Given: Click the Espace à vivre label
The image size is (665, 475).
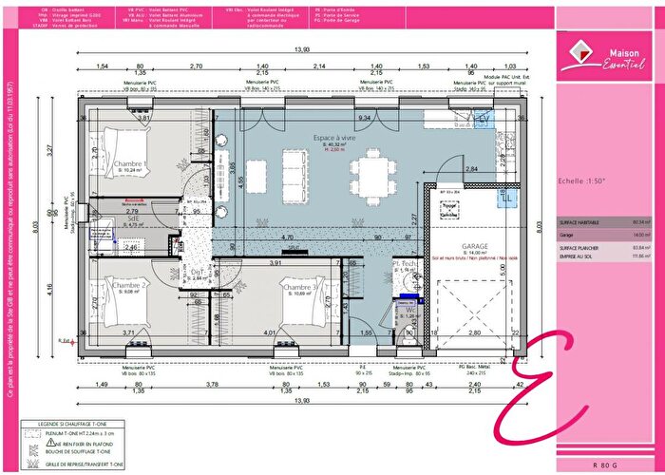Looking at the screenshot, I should [x=314, y=139].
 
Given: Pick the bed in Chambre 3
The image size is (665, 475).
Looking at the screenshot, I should [x=304, y=309].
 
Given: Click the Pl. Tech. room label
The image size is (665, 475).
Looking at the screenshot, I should [x=404, y=265].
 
